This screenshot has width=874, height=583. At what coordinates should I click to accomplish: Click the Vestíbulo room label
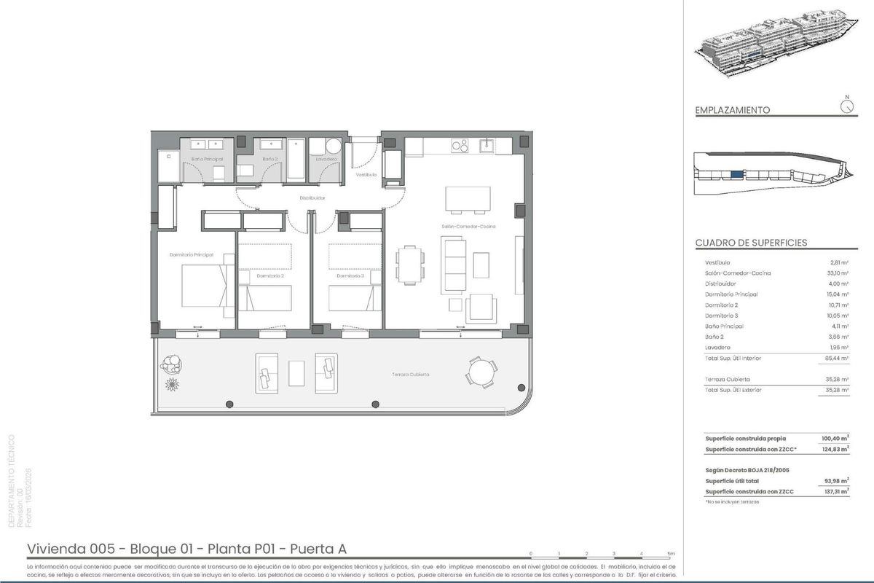366,175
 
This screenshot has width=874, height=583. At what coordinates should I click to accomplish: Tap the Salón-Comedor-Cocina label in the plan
468,227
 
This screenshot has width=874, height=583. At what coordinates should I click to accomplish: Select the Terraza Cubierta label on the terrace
412,375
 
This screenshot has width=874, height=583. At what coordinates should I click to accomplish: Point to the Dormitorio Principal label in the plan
191,254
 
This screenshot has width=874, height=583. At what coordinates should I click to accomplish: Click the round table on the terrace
482,374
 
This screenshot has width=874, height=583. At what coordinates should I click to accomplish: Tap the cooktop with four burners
460,146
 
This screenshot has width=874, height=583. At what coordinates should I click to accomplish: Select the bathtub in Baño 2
296,158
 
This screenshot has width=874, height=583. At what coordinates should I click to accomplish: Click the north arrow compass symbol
846,106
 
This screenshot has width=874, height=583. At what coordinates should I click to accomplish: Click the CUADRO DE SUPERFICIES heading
751,243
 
